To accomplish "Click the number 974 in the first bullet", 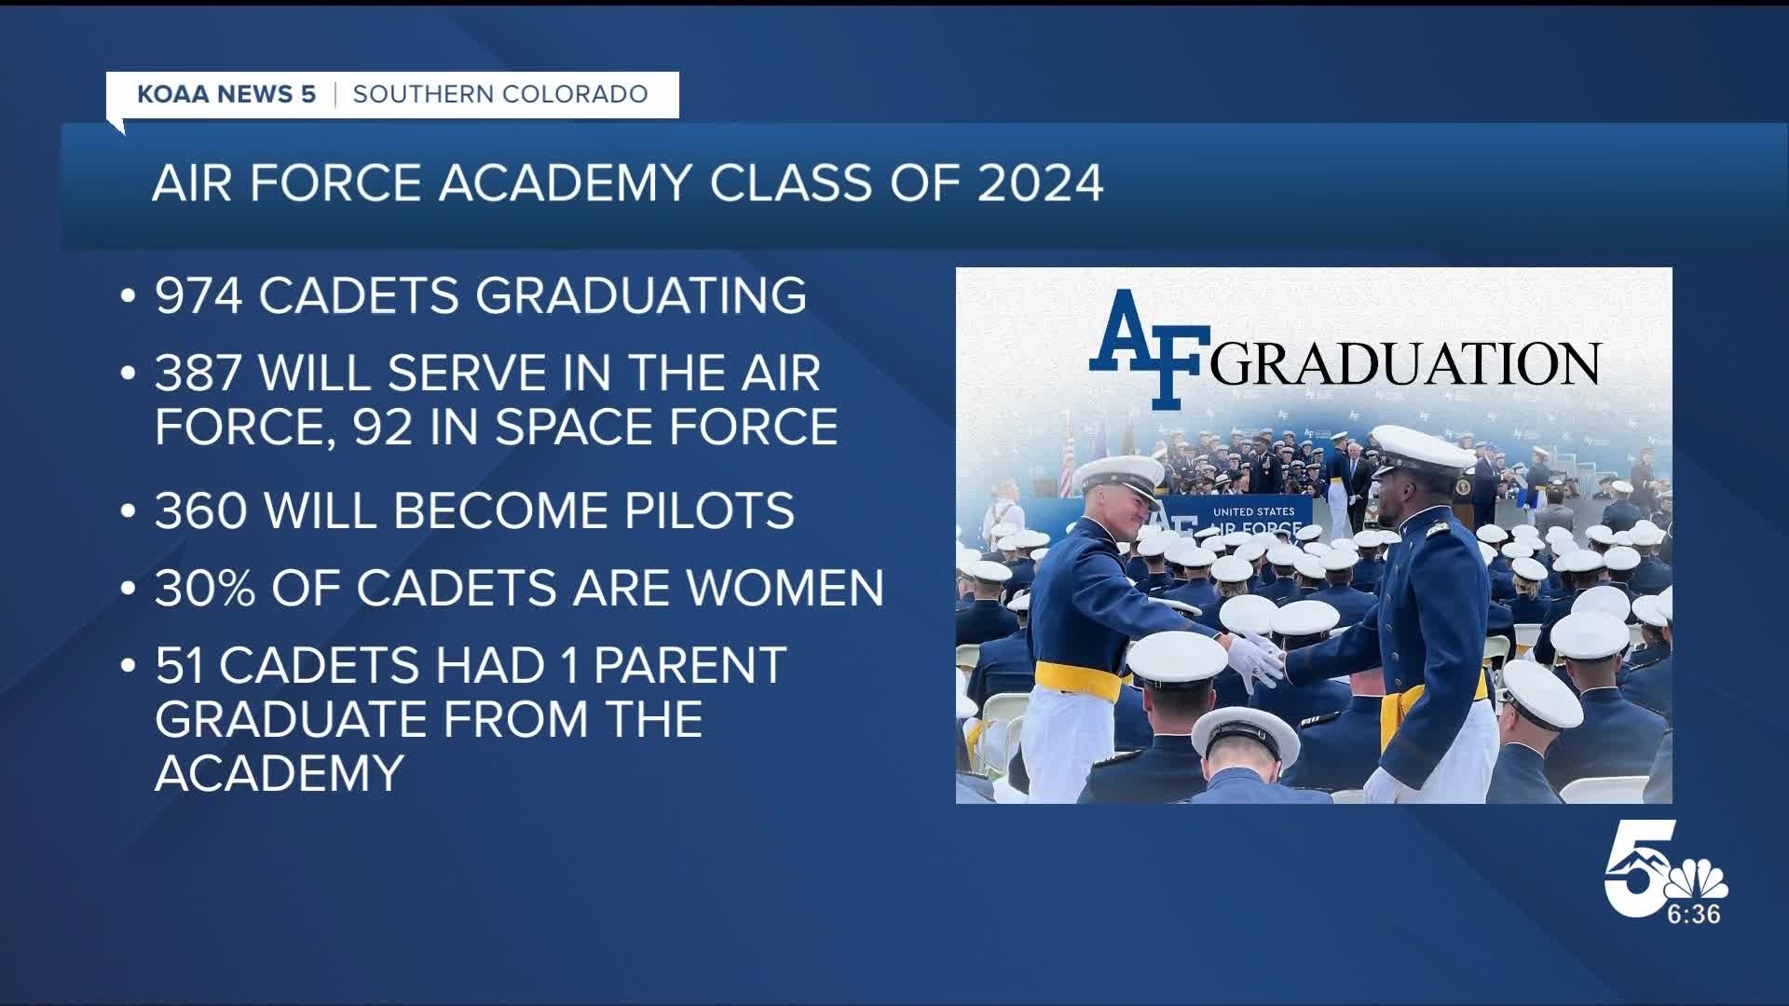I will click(198, 296).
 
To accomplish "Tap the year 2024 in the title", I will click(1040, 183).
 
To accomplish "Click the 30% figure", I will click(205, 589).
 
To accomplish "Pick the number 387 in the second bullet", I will click(198, 374).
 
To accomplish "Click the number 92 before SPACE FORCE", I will click(386, 428).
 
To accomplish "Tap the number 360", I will click(201, 510).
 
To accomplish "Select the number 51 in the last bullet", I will click(181, 666).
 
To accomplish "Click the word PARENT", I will click(690, 666).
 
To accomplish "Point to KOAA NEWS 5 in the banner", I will click(226, 94).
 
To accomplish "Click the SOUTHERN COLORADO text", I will click(500, 94).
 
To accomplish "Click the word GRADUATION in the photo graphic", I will click(1405, 365).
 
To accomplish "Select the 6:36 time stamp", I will click(1693, 915).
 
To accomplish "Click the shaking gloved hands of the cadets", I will click(1257, 659).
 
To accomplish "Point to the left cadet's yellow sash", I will click(1078, 680).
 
